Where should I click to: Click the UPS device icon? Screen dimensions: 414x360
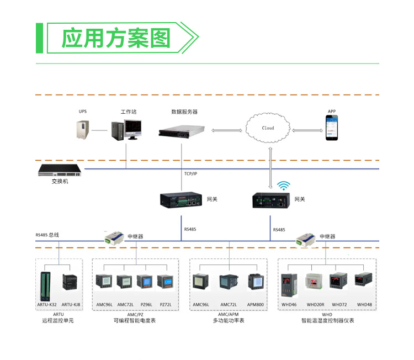point(83,129)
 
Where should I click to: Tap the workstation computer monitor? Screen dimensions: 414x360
point(133,129)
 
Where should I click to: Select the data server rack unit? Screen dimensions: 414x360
point(182,131)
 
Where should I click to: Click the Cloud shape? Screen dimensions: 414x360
point(268,128)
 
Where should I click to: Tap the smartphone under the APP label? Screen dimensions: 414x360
point(332,128)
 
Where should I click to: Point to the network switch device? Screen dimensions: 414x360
point(60,170)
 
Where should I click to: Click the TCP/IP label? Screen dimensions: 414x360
point(190,173)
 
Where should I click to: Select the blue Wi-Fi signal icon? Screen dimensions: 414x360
point(284,186)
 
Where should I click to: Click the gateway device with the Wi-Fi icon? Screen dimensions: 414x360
point(271,200)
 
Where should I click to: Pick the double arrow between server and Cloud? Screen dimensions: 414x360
point(227,130)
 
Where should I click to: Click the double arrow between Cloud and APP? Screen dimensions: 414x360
point(307,130)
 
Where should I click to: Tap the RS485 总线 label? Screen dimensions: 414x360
point(47,235)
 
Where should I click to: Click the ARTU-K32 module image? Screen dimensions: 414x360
point(45,287)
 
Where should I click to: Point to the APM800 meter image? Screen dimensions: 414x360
point(256,282)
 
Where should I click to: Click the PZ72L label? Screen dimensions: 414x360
point(166,305)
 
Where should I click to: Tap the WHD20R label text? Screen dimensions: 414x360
point(316,305)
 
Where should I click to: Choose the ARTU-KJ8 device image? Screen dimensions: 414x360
point(70,282)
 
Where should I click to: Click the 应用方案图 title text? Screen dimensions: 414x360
point(116,38)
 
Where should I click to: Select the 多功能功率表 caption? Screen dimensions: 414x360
point(229,320)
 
